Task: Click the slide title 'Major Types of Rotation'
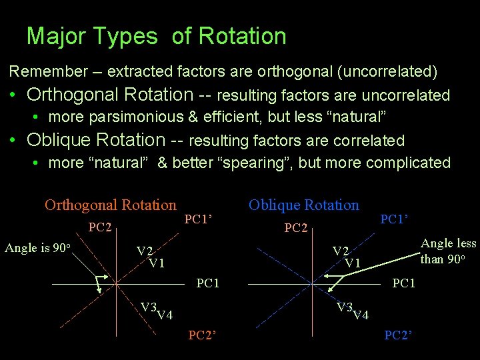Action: (156, 36)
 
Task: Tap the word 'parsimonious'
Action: (139, 117)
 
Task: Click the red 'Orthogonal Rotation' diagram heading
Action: (110, 205)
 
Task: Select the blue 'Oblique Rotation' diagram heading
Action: (303, 205)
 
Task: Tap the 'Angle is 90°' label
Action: (37, 248)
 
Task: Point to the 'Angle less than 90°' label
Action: (448, 251)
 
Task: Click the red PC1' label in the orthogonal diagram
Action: (198, 218)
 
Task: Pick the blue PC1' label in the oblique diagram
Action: (394, 218)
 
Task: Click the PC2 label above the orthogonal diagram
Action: (99, 228)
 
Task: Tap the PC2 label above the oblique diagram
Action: (295, 228)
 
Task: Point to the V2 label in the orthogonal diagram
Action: (145, 251)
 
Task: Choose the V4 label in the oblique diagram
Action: (360, 315)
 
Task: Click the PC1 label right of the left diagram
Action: (208, 283)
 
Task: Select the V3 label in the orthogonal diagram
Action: (148, 307)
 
